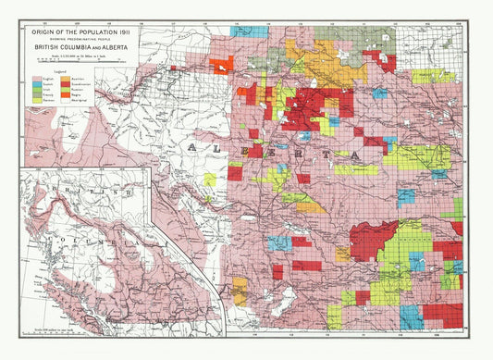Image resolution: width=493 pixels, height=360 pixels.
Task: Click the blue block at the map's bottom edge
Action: point(410,317)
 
